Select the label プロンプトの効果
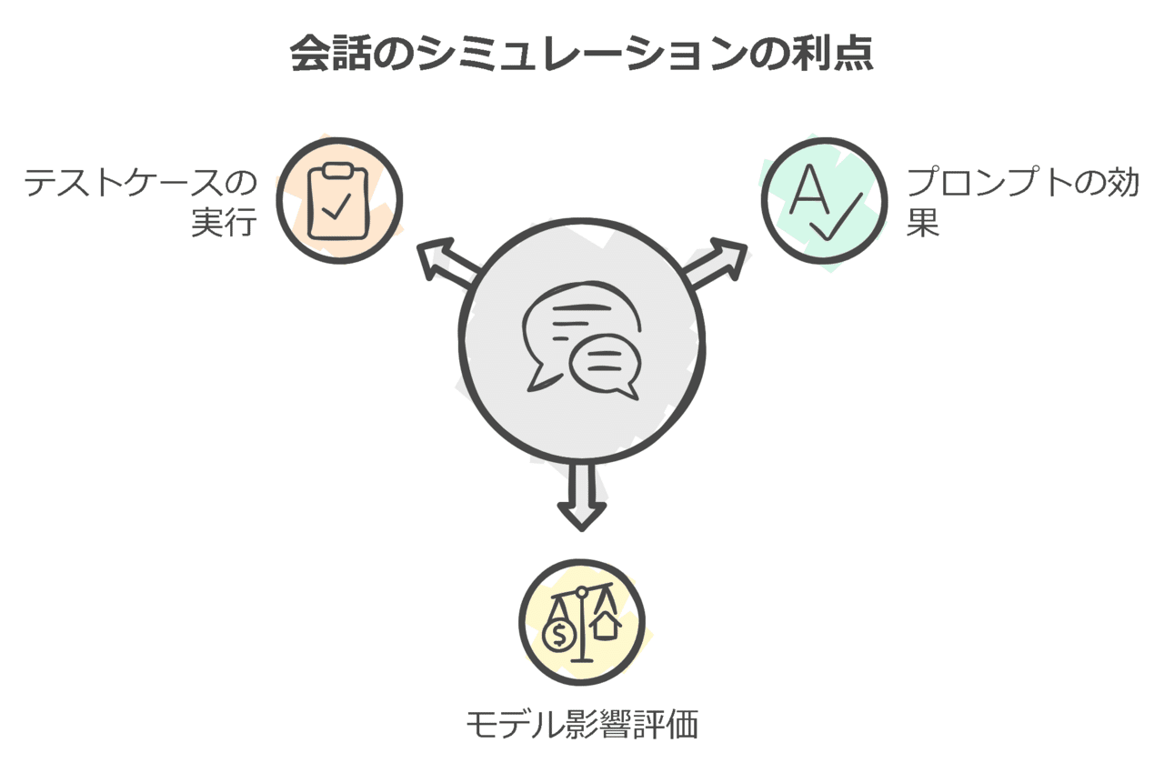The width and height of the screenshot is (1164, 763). pos(1023,202)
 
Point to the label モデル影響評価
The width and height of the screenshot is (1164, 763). pos(582,726)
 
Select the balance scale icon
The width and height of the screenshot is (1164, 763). pos(581,622)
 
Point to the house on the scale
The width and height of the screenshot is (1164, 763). pos(606,626)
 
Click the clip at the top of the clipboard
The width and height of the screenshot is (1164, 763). pos(338,170)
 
